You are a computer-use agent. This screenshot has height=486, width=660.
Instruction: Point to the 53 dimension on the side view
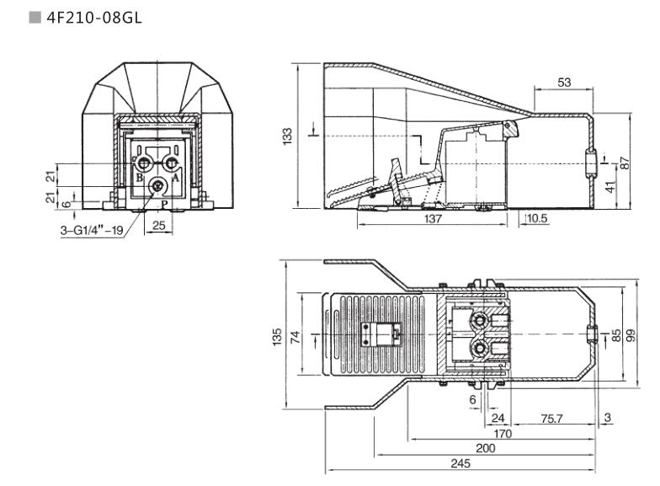point(564,82)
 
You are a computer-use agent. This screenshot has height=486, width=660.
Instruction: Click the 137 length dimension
point(432,219)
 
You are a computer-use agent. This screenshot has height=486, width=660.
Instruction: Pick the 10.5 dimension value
point(536,218)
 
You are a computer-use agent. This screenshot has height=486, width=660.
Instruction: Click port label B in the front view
point(139,178)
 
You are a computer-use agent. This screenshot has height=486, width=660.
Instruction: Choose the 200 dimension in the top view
point(486,449)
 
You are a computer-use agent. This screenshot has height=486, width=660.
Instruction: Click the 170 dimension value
point(503,434)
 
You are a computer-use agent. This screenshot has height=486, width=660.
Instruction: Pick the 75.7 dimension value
point(552,418)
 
